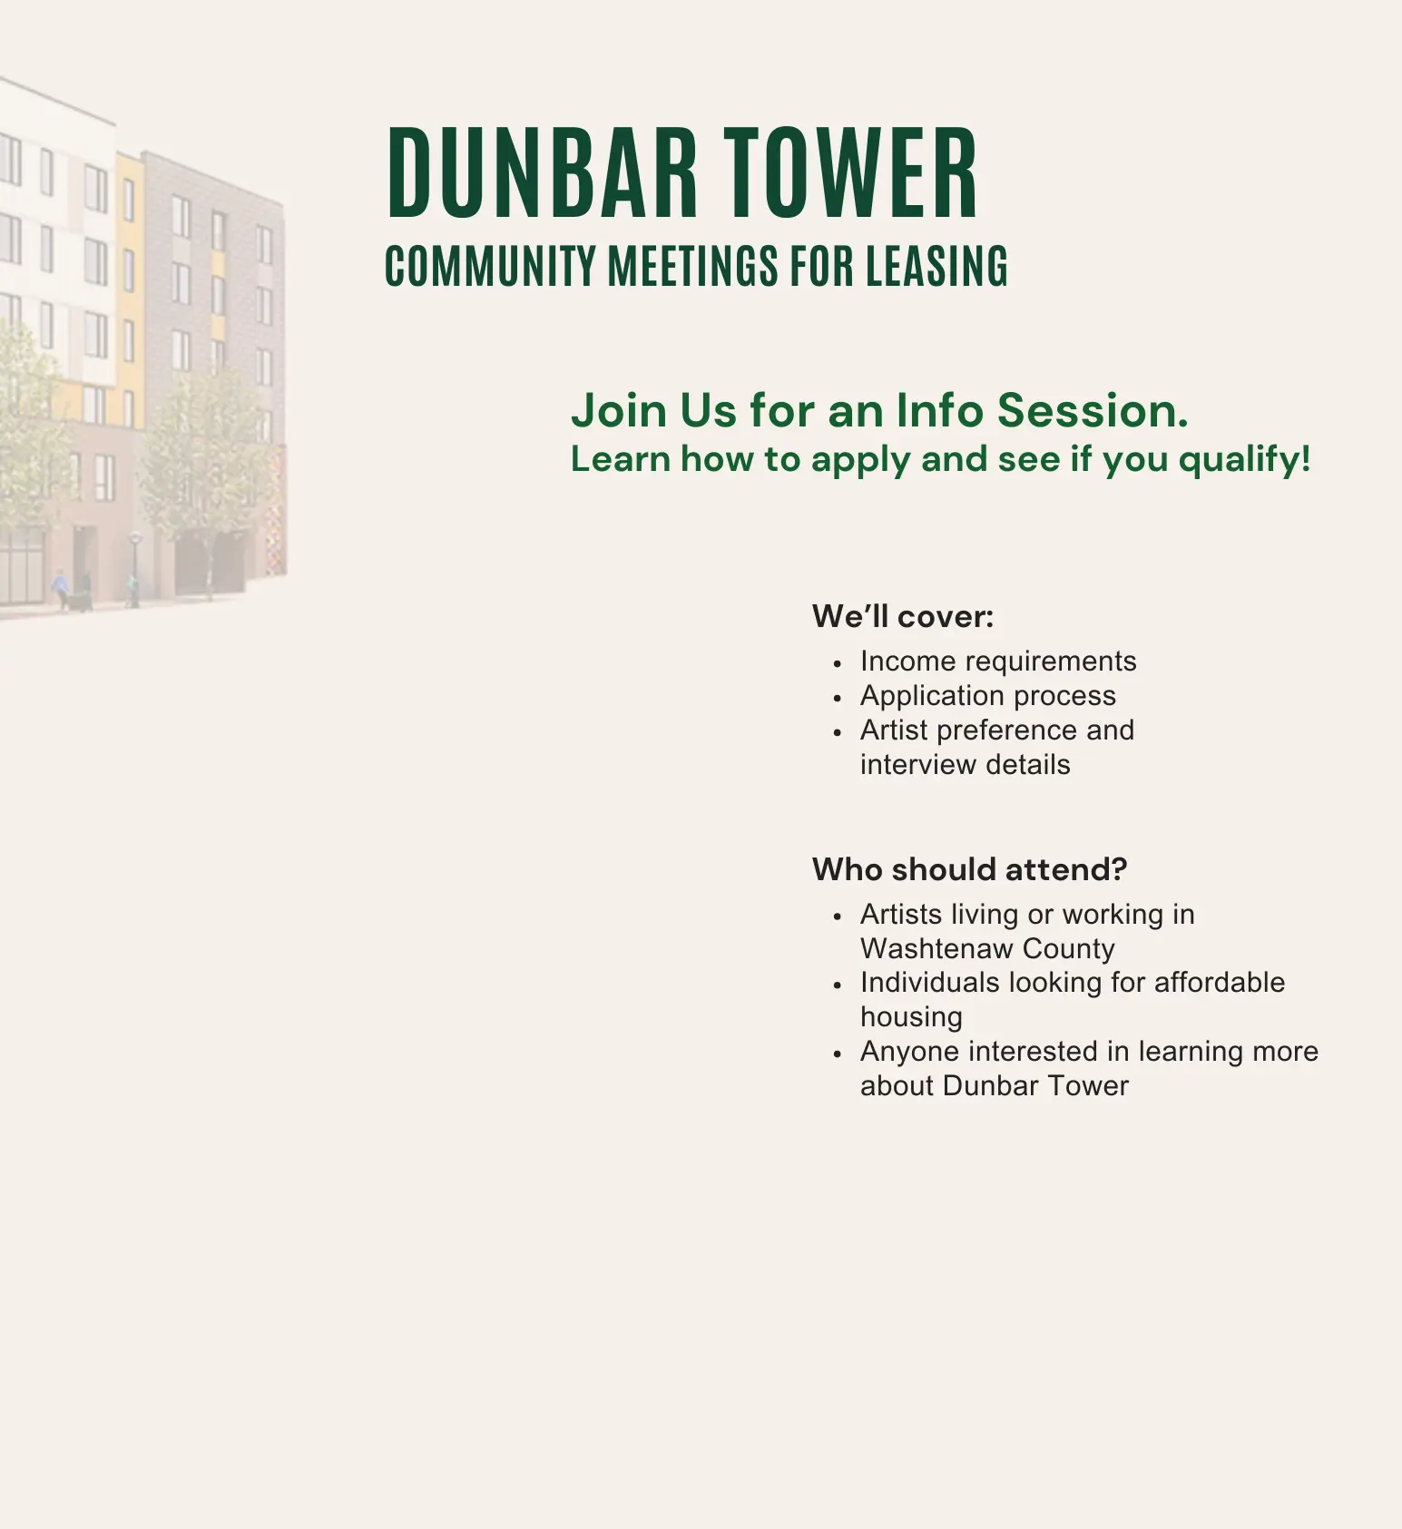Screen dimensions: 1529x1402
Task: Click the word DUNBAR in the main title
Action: [x=542, y=173]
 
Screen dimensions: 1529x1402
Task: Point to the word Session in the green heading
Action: [x=1092, y=410]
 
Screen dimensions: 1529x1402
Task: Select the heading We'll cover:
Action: [x=902, y=617]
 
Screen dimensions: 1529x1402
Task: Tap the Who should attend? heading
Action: [x=969, y=869]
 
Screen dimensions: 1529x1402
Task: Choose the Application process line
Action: [x=987, y=696]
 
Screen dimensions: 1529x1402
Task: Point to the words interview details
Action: [x=965, y=765]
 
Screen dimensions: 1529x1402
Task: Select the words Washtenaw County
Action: [x=987, y=949]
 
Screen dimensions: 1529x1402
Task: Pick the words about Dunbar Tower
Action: [x=994, y=1086]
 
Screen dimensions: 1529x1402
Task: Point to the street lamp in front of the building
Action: [x=134, y=568]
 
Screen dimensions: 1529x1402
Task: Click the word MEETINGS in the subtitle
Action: [x=692, y=266]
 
